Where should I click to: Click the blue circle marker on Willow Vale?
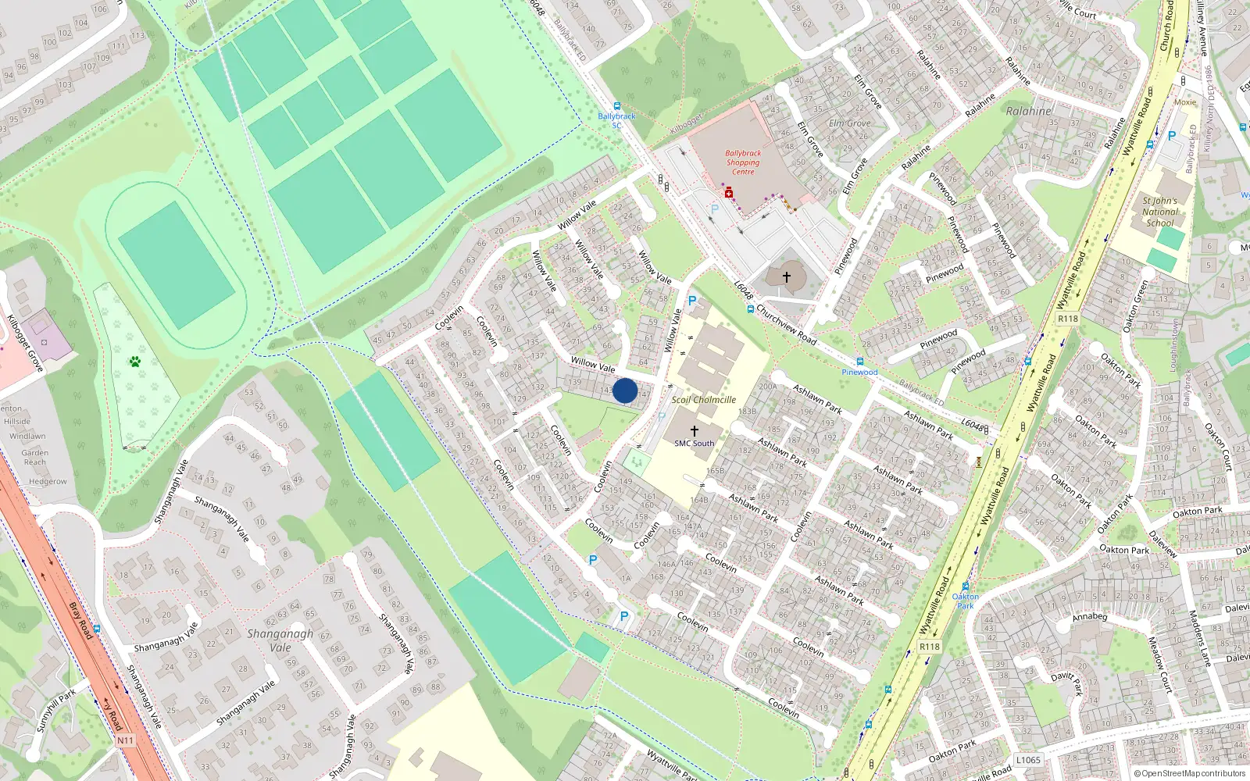click(625, 390)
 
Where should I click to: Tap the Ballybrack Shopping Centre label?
click(743, 162)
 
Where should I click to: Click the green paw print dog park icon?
click(136, 362)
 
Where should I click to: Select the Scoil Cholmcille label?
click(704, 399)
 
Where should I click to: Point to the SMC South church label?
click(694, 443)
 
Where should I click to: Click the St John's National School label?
click(1160, 212)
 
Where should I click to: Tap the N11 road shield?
click(125, 740)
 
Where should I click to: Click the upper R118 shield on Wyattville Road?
click(1067, 318)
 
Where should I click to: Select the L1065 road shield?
click(1028, 760)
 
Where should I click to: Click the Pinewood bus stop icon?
click(860, 362)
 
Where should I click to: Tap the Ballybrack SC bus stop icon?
click(617, 106)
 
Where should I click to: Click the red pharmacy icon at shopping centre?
click(729, 192)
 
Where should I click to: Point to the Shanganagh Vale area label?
click(280, 640)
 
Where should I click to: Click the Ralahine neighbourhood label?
click(1028, 111)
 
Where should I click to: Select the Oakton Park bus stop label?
click(966, 601)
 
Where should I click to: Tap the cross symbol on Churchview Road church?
click(787, 276)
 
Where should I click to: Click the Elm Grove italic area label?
click(849, 123)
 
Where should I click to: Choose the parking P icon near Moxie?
click(1172, 135)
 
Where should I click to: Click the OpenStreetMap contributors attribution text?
click(1190, 773)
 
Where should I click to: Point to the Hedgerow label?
click(48, 481)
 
